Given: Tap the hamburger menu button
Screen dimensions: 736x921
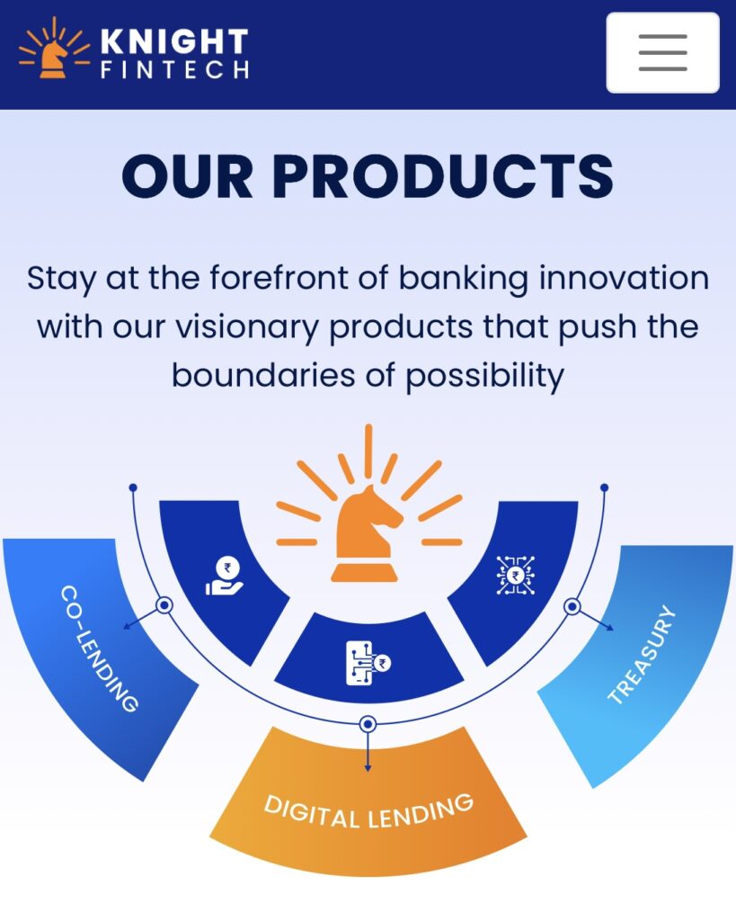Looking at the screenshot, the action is (x=662, y=52).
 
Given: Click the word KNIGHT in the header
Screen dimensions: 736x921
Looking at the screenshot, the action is (x=174, y=41).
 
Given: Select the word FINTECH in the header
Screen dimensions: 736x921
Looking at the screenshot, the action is (x=175, y=69).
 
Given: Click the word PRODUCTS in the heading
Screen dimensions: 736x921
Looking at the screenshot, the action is (x=443, y=175).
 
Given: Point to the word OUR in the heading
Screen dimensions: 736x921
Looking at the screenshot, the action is (x=187, y=175).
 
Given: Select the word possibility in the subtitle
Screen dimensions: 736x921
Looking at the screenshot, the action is (x=484, y=376).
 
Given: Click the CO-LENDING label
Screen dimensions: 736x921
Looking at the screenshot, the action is (x=99, y=648).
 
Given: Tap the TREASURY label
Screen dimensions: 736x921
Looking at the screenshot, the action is (x=642, y=654).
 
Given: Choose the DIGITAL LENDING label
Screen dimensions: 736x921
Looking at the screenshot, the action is (x=368, y=812).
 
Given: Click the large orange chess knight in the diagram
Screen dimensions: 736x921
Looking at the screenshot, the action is (x=368, y=533).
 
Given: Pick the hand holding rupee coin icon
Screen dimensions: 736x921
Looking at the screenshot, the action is (x=225, y=576).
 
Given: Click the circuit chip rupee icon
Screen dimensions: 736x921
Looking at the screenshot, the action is (x=515, y=575).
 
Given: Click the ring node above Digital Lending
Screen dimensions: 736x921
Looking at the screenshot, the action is (x=368, y=724).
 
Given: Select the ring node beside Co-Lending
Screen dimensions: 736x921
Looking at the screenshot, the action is (x=164, y=605).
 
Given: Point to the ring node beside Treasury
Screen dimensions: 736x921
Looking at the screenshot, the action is (x=572, y=606).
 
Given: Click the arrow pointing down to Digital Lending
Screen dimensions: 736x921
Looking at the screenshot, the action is (x=368, y=752).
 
